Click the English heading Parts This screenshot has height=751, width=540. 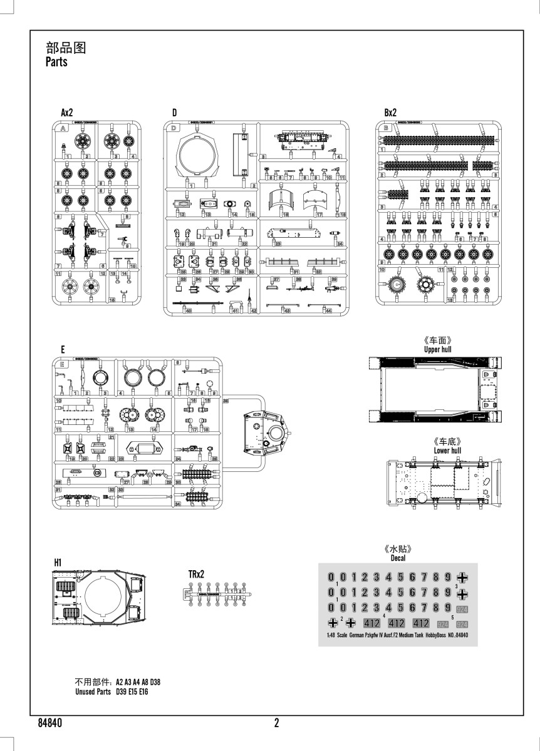pos(56,63)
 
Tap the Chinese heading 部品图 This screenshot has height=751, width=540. pos(65,49)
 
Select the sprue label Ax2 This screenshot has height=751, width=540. pos(67,113)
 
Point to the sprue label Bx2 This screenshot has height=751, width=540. pos(390,113)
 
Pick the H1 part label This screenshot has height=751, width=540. pos(57,563)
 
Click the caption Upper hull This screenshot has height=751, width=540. pos(437,349)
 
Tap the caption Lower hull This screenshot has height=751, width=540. pos(447,450)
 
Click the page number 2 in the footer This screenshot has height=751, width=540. pos(276,723)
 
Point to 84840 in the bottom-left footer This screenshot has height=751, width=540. pos(49,723)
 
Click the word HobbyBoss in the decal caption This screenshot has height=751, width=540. pos(437,636)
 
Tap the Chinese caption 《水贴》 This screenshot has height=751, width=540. pos(400,549)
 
